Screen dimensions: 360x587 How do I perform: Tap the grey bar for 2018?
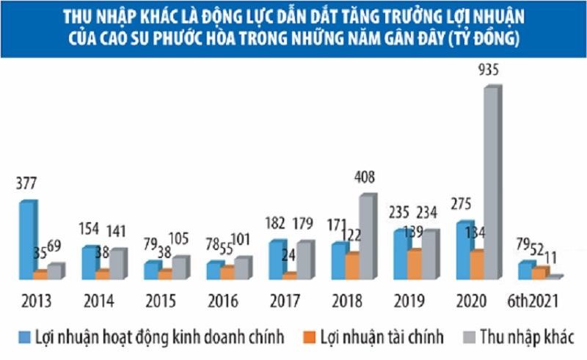point(366,238)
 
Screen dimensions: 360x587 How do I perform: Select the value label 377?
point(26,185)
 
